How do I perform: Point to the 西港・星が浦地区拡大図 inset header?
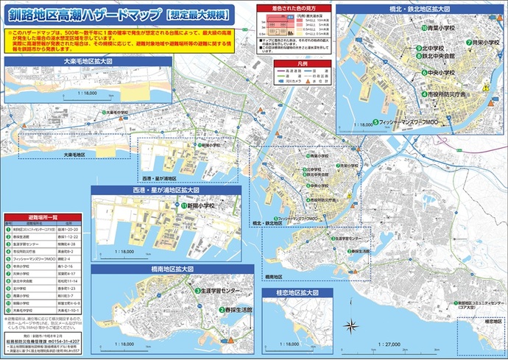[166, 190]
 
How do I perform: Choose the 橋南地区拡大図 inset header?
[167, 270]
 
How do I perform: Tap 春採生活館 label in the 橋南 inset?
[235, 311]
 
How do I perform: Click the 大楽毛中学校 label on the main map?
[118, 113]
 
